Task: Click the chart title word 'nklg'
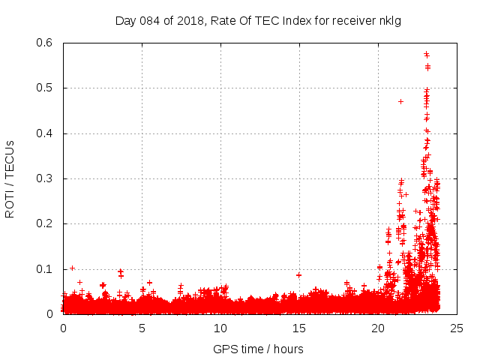pyautogui.click(x=390, y=20)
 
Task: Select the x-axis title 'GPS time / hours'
pyautogui.click(x=258, y=349)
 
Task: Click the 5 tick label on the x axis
pyautogui.click(x=142, y=328)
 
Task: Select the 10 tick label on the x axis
pyautogui.click(x=220, y=328)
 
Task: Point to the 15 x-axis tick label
pyautogui.click(x=299, y=328)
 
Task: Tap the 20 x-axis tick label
pyautogui.click(x=378, y=328)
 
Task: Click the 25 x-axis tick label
pyautogui.click(x=457, y=328)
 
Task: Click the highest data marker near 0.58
pyautogui.click(x=426, y=54)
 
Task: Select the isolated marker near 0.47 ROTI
pyautogui.click(x=400, y=101)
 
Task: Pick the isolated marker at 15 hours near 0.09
pyautogui.click(x=298, y=275)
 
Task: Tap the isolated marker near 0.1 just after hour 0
pyautogui.click(x=72, y=268)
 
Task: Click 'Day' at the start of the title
pyautogui.click(x=125, y=20)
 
